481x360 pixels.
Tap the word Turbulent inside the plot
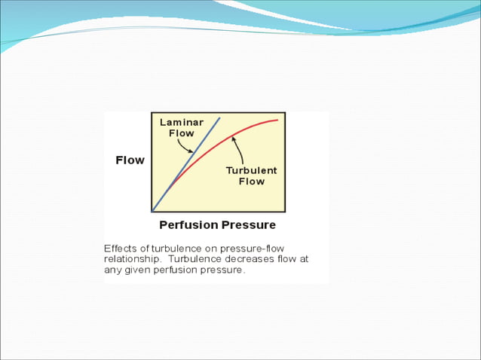251,170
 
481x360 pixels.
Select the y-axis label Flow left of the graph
130,160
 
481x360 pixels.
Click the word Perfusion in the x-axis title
188,225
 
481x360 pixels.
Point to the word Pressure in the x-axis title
248,225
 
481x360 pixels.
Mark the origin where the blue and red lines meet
153,211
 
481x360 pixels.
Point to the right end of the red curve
277,120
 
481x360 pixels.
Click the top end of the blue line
219,117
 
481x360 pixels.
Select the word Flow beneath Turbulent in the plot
251,182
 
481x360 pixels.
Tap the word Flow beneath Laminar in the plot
180,133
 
